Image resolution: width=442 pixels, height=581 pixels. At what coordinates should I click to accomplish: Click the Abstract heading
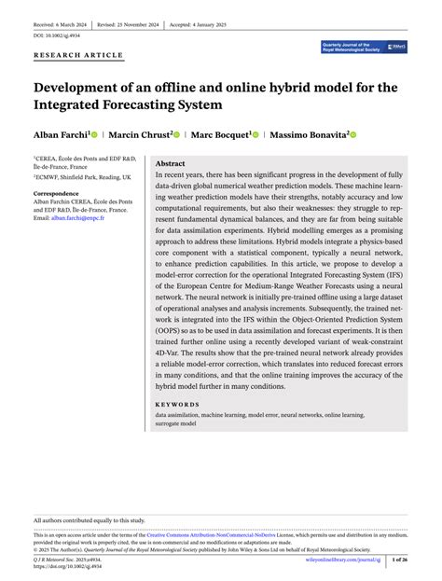coord(171,163)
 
